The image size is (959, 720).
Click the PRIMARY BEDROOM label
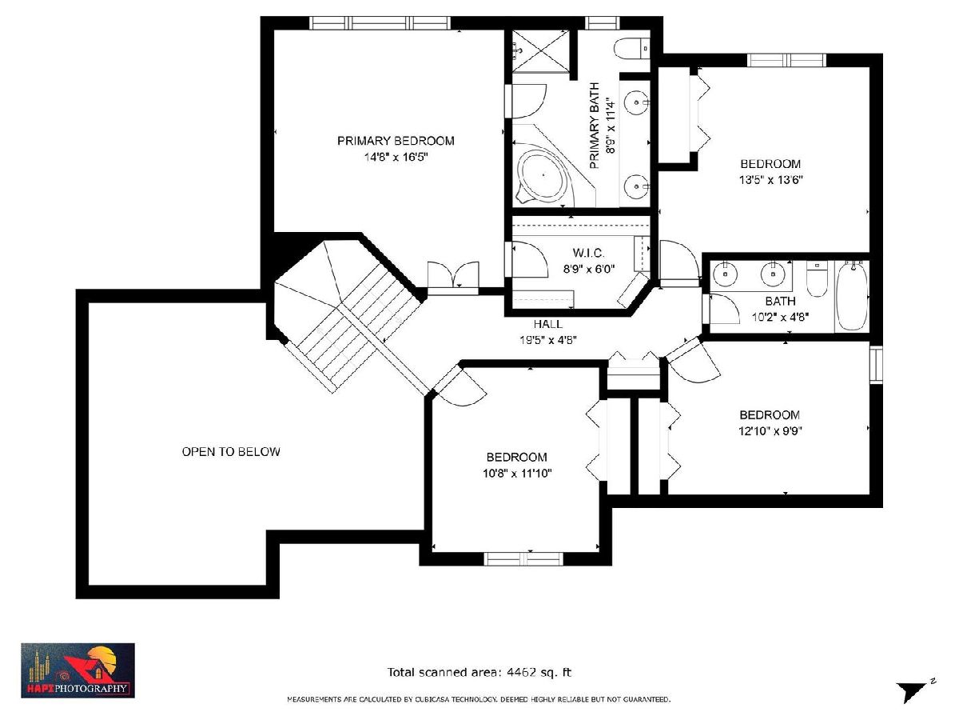(x=396, y=141)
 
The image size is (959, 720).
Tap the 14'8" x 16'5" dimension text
(x=396, y=157)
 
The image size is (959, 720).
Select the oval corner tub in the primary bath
(x=543, y=175)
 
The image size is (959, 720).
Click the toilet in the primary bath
(x=631, y=48)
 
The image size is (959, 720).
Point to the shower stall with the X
(x=540, y=50)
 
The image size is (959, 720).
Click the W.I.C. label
(x=588, y=253)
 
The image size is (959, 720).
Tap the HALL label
(x=548, y=324)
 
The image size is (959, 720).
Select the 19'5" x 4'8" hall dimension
(x=548, y=340)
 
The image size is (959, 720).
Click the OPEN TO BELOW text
(x=231, y=451)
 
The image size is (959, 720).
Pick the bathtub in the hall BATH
(x=851, y=296)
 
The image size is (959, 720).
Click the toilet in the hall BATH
(x=817, y=279)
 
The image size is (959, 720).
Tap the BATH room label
(x=780, y=302)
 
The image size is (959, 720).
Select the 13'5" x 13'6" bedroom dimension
(x=770, y=180)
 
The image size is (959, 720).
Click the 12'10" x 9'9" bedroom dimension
(x=770, y=430)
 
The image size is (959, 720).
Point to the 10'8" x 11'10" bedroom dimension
(x=517, y=473)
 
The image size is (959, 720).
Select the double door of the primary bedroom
(x=453, y=274)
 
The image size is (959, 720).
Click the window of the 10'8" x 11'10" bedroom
(x=523, y=558)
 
